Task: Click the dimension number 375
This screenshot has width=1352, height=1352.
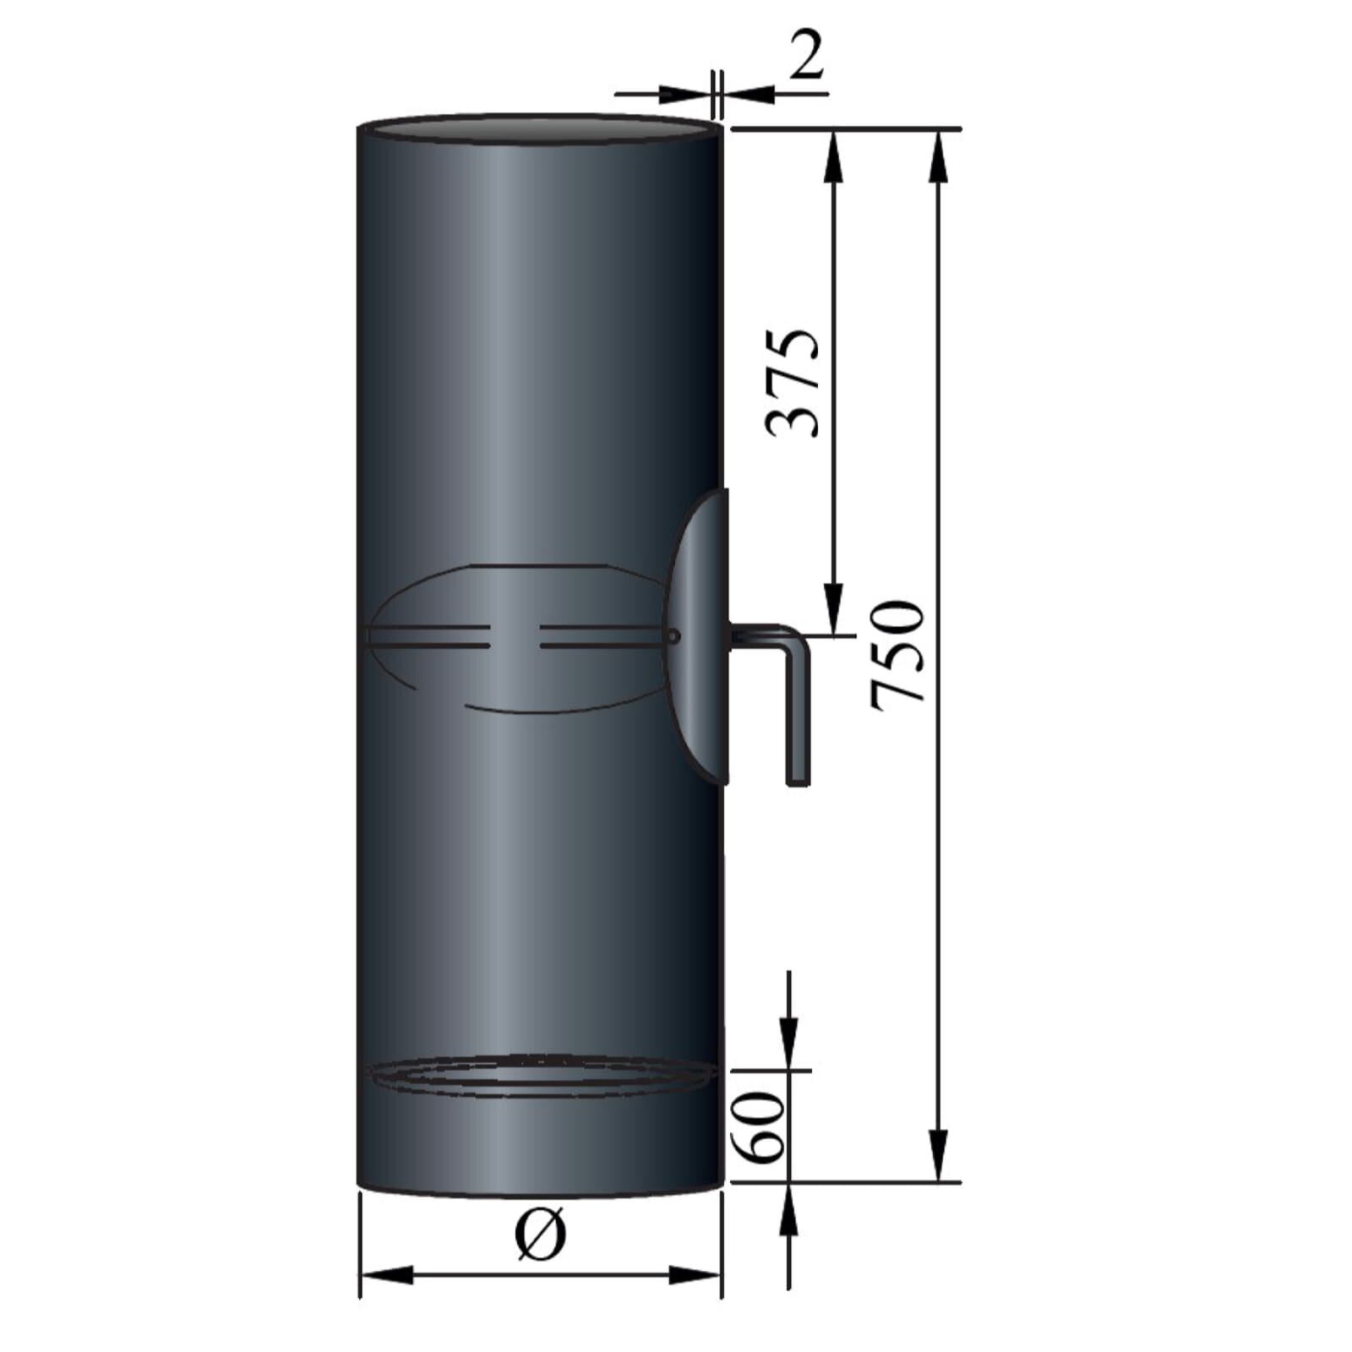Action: (x=793, y=382)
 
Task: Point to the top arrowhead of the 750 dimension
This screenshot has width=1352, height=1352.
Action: (x=939, y=156)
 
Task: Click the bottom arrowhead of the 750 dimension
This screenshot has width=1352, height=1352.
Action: (x=939, y=1156)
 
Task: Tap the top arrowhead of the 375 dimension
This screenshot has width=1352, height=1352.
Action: (x=834, y=156)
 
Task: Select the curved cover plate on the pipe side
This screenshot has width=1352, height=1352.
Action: (x=699, y=634)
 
